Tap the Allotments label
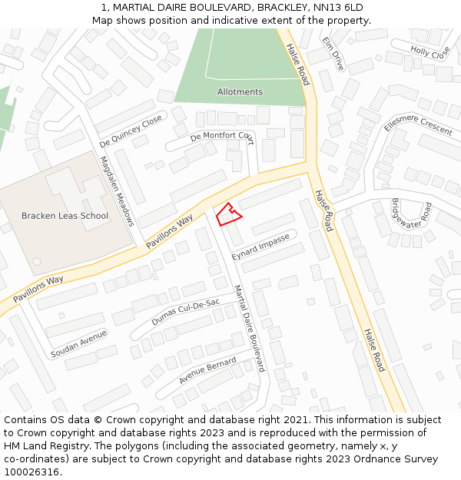(x=240, y=92)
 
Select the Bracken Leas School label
(x=65, y=216)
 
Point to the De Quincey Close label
(x=131, y=131)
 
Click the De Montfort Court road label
(x=221, y=136)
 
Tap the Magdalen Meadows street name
(x=117, y=191)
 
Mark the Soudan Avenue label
(x=78, y=345)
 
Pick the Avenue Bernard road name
(x=207, y=371)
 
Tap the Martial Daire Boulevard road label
(x=249, y=329)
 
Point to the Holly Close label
(x=430, y=52)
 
